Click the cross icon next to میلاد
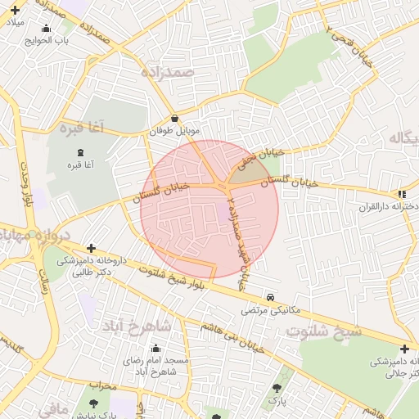[15, 9]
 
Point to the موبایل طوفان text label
[173, 130]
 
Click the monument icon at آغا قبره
[80, 153]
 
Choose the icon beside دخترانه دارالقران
[401, 194]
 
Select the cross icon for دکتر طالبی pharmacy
[91, 248]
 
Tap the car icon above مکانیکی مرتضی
[270, 298]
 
